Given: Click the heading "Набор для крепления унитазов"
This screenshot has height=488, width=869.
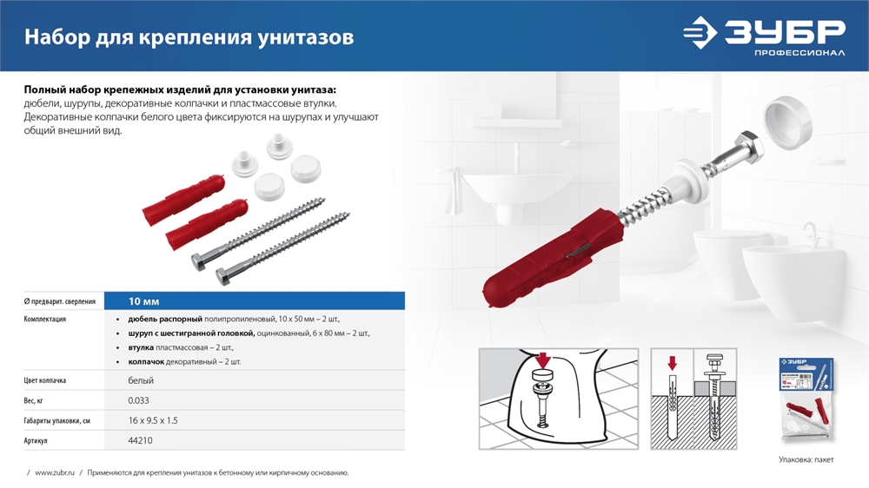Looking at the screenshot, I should [x=189, y=37].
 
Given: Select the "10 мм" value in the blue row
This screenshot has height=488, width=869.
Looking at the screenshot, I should [x=143, y=301].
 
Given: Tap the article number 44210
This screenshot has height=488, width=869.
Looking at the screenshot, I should [x=140, y=441].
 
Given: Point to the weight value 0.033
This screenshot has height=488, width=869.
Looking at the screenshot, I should [x=140, y=400].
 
